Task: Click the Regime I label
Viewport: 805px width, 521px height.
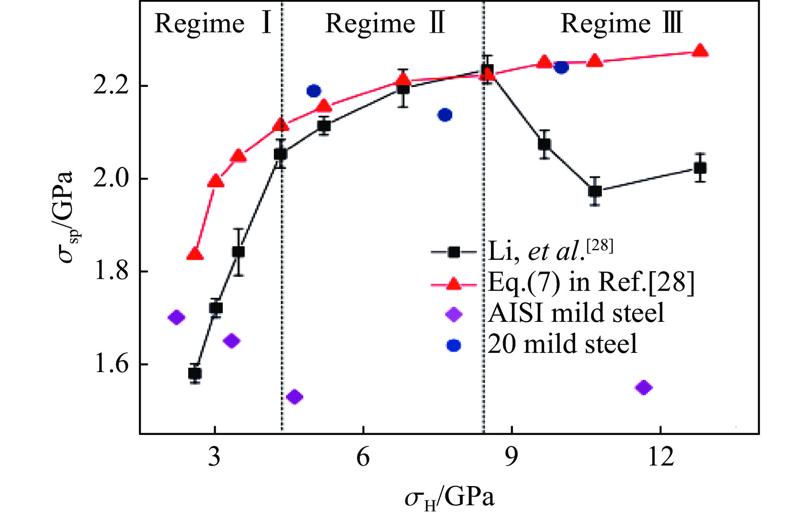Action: (x=213, y=24)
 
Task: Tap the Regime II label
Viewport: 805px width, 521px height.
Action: (x=385, y=24)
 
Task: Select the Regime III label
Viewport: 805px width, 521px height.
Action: (x=621, y=24)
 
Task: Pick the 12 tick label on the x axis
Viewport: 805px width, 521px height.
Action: (x=660, y=458)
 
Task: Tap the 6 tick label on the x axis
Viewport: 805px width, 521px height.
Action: (x=363, y=458)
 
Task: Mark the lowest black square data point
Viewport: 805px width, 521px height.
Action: (x=195, y=373)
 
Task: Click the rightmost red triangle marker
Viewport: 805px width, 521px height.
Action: (x=700, y=51)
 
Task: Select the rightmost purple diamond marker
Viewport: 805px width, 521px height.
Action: (x=644, y=387)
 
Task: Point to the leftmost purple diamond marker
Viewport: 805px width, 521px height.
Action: (x=176, y=317)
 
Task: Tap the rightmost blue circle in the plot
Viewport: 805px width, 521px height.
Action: (x=561, y=68)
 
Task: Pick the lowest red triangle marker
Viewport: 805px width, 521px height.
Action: (x=195, y=255)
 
